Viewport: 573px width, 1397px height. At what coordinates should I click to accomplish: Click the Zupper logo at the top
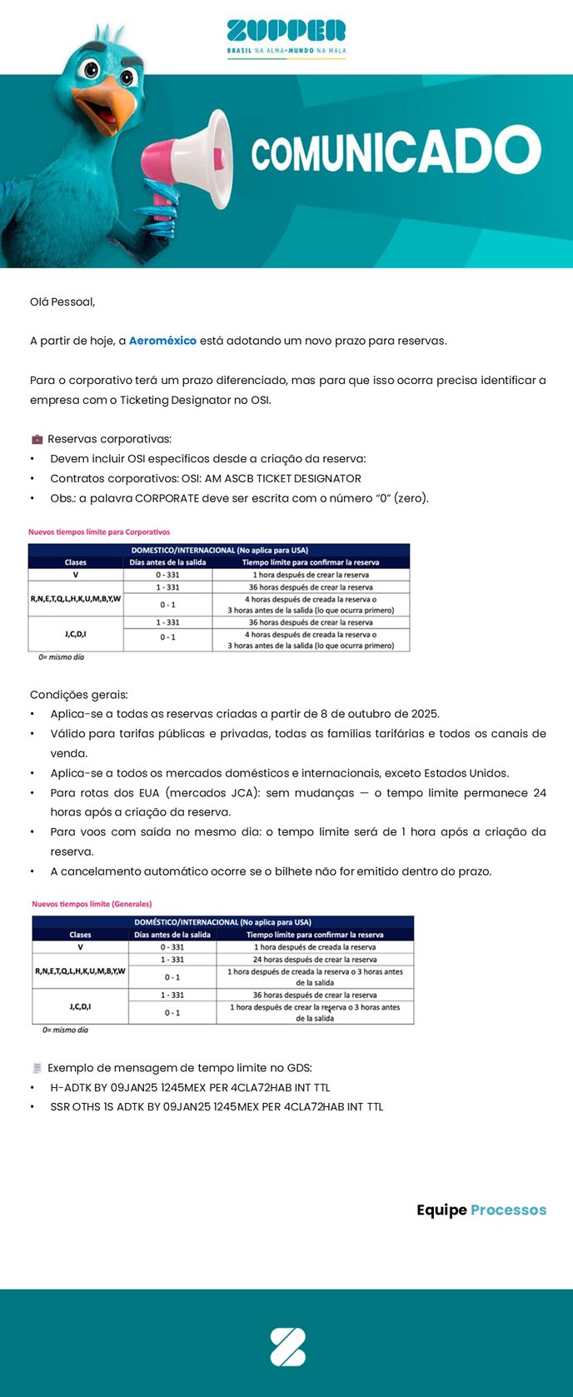[286, 37]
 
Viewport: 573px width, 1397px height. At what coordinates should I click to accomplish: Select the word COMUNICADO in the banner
[396, 153]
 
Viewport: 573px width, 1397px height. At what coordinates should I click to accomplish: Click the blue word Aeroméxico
[162, 341]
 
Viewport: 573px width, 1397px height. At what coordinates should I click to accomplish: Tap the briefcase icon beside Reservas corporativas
[37, 439]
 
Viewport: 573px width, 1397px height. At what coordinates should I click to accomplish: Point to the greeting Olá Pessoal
[62, 302]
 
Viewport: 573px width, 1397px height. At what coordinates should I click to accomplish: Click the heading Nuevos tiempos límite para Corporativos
[99, 531]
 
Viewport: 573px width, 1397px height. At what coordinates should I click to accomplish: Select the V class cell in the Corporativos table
[76, 575]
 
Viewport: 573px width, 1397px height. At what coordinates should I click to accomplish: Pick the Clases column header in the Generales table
[80, 935]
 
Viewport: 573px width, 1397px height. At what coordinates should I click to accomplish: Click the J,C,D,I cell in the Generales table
[80, 1006]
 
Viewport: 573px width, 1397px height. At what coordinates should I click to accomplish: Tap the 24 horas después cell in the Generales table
[315, 960]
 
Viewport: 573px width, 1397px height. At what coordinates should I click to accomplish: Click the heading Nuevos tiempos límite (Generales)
[92, 904]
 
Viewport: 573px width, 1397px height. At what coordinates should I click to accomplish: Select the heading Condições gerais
[79, 695]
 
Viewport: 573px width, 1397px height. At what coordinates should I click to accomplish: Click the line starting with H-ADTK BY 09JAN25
[190, 1087]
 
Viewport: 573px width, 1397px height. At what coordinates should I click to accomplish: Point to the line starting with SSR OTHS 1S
[217, 1107]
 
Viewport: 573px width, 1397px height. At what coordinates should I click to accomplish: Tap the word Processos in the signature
[508, 1210]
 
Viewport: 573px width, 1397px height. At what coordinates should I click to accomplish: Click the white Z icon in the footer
[287, 1347]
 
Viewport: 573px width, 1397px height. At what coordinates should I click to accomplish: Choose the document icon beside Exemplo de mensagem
[37, 1068]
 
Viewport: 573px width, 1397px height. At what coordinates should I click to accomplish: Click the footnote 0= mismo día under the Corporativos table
[61, 657]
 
